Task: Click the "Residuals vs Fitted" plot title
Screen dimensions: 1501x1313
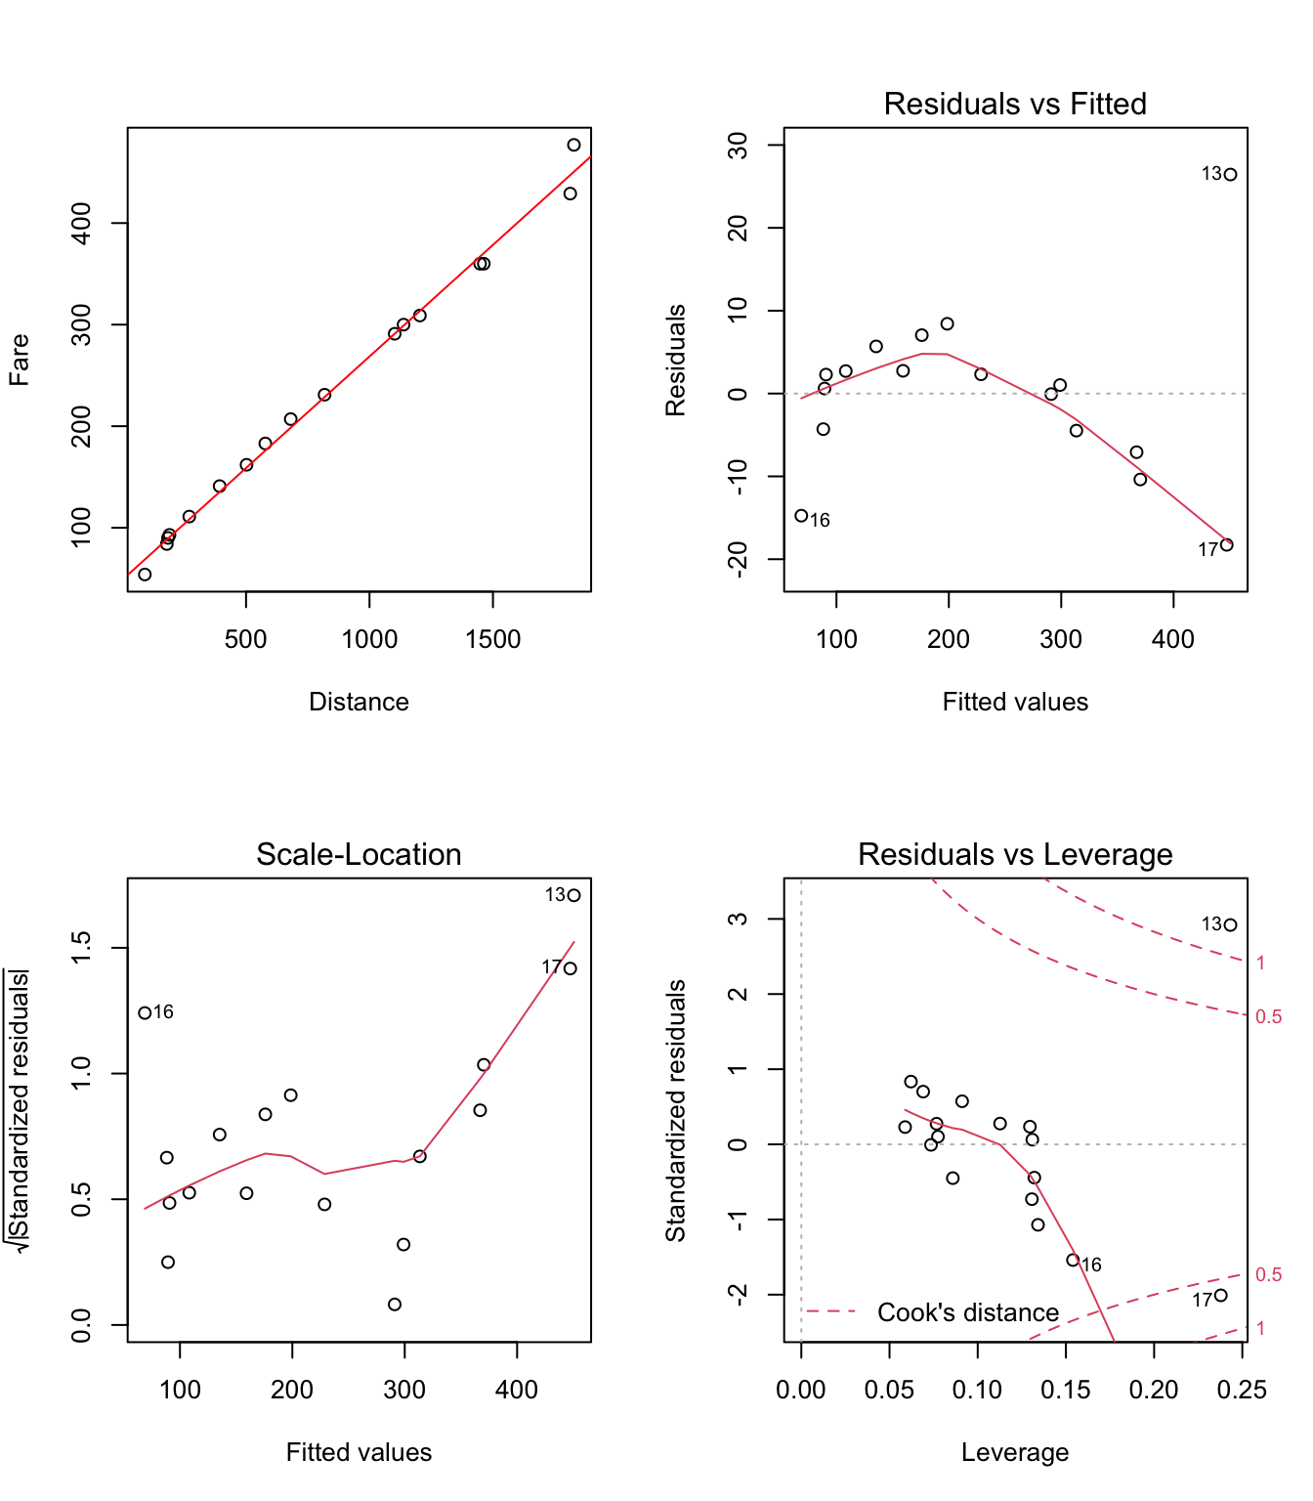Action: point(1014,104)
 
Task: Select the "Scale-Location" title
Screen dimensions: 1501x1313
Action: point(359,854)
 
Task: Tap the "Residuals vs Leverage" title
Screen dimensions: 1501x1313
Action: point(1014,854)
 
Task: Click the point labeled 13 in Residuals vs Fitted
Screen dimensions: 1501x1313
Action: point(1230,175)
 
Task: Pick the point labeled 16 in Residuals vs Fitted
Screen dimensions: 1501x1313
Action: point(801,516)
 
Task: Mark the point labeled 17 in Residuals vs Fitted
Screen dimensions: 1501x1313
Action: point(1227,545)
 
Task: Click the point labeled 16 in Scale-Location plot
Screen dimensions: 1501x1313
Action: point(145,1013)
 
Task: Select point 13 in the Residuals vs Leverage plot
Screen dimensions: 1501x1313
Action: point(1230,925)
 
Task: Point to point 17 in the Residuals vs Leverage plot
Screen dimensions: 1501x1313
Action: point(1220,1296)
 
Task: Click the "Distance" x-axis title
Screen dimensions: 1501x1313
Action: point(359,702)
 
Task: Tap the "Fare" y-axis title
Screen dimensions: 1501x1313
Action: point(20,360)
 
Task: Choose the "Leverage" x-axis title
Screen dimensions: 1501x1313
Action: point(1014,1452)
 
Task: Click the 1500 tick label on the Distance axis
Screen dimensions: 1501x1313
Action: point(492,639)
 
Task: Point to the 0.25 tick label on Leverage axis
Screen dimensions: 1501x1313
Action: point(1242,1390)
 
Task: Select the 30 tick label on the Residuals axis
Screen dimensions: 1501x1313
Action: point(740,146)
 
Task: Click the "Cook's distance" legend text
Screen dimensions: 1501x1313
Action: point(967,1312)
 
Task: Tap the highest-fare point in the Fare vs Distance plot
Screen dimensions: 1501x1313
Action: point(573,146)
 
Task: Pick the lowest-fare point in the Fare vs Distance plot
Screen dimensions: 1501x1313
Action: point(145,575)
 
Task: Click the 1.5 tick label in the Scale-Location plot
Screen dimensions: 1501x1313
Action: point(82,948)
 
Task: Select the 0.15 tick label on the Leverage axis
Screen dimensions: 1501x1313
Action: point(1065,1390)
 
